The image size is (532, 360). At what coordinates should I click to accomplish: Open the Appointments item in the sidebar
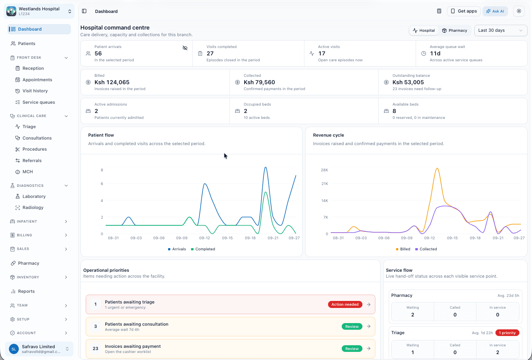coord(37,79)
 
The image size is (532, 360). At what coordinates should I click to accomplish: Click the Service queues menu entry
coord(38,102)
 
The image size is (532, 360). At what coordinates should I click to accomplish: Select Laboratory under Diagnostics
coord(34,196)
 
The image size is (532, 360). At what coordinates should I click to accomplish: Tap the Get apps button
coord(464,11)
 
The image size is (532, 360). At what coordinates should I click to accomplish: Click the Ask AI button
coord(495,11)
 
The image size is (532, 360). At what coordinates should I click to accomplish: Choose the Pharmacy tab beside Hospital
coord(454,30)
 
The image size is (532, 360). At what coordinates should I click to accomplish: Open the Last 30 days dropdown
coord(500,30)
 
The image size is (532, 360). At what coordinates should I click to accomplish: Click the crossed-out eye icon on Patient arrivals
coord(185,48)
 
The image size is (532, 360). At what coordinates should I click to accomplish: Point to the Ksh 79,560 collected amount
coord(259,82)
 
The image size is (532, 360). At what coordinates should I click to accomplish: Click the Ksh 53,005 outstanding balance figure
coord(408,82)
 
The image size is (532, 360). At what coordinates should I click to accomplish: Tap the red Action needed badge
coord(345,305)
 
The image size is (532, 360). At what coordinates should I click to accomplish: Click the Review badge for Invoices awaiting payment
coord(352,349)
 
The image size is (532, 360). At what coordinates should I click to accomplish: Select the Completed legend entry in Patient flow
coord(203,249)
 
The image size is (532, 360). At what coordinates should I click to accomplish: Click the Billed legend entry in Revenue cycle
coord(403,249)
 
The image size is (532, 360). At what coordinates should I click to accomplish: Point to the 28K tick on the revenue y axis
coord(324,170)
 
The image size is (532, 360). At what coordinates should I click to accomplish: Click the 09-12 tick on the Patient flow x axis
coord(205,238)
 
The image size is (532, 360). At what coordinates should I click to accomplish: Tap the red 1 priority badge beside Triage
coord(507,333)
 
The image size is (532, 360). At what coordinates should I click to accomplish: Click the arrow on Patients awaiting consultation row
coord(369,326)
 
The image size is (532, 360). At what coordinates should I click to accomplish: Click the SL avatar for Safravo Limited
coord(14,349)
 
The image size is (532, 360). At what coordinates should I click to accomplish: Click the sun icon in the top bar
coord(519,11)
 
